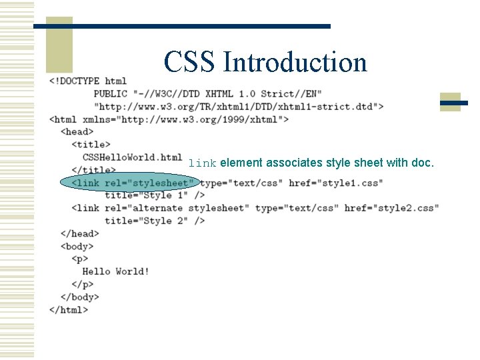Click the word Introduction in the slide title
click(295, 62)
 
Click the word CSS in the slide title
click(190, 62)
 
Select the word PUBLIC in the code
click(111, 93)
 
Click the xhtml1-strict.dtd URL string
click(239, 106)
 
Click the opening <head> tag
click(77, 131)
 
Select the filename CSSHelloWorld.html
click(132, 157)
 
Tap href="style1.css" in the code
click(336, 183)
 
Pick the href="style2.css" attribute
click(392, 208)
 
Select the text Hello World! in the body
click(116, 271)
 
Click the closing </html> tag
click(69, 309)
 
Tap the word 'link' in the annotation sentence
click(202, 163)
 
